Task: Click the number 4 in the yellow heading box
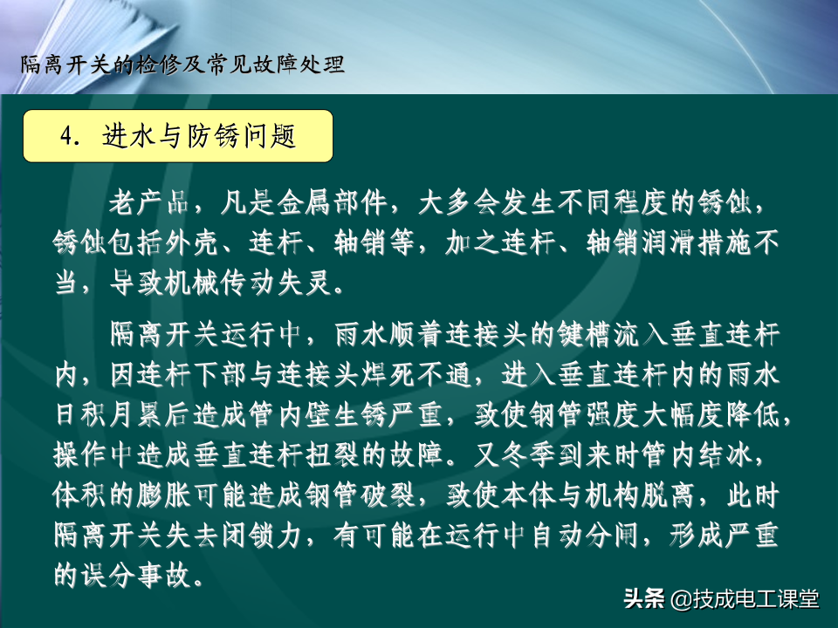[67, 136]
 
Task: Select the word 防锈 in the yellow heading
[212, 136]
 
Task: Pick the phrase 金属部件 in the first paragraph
[332, 203]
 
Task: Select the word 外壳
[192, 243]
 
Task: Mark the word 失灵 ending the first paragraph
[305, 283]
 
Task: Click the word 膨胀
[163, 495]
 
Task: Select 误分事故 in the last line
[136, 575]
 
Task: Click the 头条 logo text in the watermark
[644, 598]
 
